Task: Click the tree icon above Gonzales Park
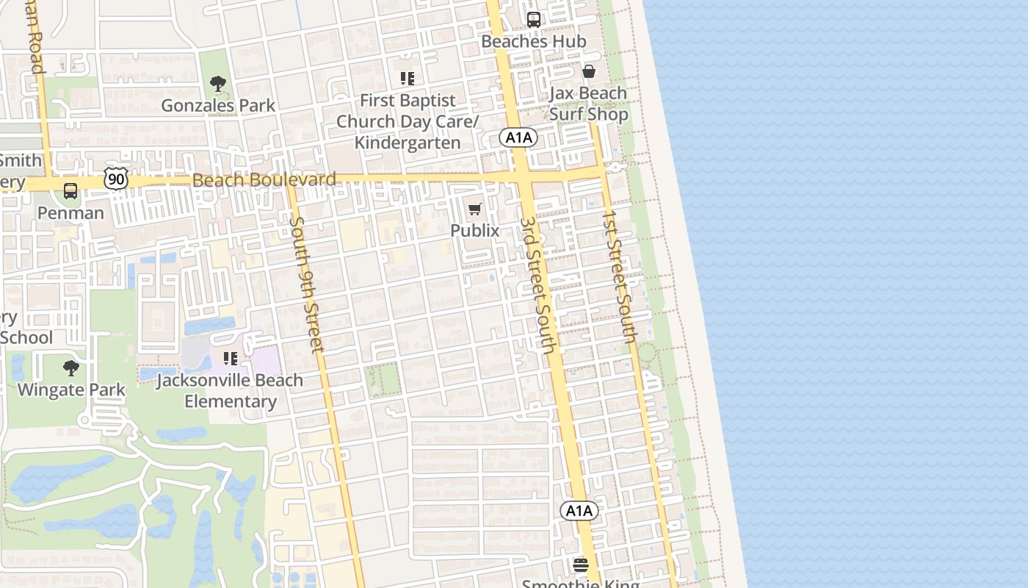[217, 84]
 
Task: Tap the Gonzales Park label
[218, 106]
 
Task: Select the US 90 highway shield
[116, 179]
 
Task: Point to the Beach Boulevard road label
[264, 179]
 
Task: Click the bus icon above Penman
[70, 191]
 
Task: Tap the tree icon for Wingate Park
[71, 367]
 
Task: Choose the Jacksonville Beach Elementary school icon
[231, 359]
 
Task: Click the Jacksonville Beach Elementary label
[230, 391]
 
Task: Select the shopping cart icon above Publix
[474, 209]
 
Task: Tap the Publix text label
[474, 231]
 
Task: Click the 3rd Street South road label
[537, 284]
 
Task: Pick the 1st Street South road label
[619, 276]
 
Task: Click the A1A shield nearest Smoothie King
[579, 511]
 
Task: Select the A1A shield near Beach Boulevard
[518, 137]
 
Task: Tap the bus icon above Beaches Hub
[534, 20]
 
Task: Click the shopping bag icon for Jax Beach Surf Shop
[588, 71]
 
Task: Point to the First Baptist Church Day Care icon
[407, 78]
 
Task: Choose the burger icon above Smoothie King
[581, 565]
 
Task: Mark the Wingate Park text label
[71, 390]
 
